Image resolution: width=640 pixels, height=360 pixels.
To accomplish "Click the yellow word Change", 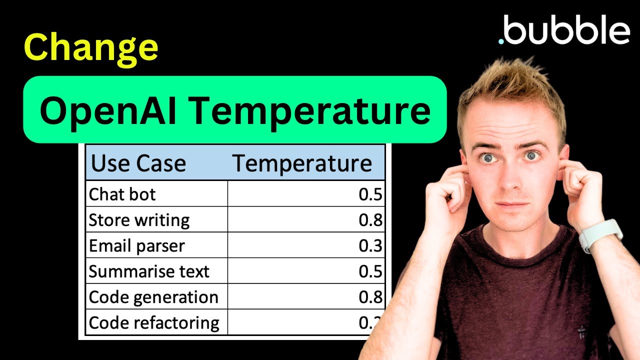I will point(91,48).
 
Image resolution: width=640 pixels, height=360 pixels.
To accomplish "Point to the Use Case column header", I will point(139,163).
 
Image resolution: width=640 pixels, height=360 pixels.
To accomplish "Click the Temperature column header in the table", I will point(302,163).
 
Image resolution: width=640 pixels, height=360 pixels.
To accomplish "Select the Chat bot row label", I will point(122,194).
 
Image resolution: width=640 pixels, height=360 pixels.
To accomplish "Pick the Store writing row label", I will point(139,220).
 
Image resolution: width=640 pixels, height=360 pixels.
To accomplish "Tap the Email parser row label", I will point(136,246).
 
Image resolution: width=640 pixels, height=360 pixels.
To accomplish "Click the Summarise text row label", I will point(149,271).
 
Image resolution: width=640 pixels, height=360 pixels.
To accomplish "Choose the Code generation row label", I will point(153,297).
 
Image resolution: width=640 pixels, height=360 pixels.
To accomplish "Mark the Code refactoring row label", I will point(154,322).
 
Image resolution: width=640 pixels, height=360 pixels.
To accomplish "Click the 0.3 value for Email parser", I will point(370,246).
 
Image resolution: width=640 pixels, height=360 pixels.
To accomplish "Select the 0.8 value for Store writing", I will point(370,220).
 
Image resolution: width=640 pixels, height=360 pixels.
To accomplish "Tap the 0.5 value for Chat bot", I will point(370,194).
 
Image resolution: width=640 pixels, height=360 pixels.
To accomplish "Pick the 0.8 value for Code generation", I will point(370,297).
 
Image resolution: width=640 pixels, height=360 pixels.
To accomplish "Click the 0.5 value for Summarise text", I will point(370,271).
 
